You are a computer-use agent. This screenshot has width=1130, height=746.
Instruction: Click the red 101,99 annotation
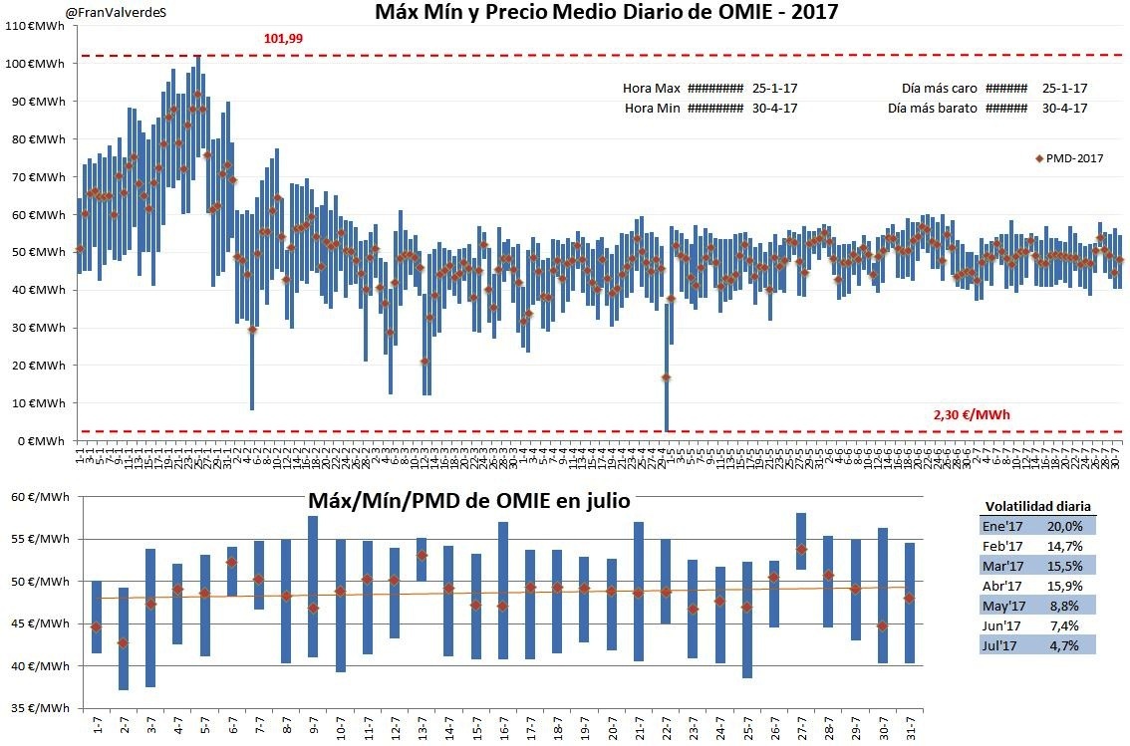283,39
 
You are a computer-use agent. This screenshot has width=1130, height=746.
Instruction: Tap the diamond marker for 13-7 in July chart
422,556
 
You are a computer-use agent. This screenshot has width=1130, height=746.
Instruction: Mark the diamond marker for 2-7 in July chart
124,643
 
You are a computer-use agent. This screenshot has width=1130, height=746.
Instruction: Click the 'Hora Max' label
652,88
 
